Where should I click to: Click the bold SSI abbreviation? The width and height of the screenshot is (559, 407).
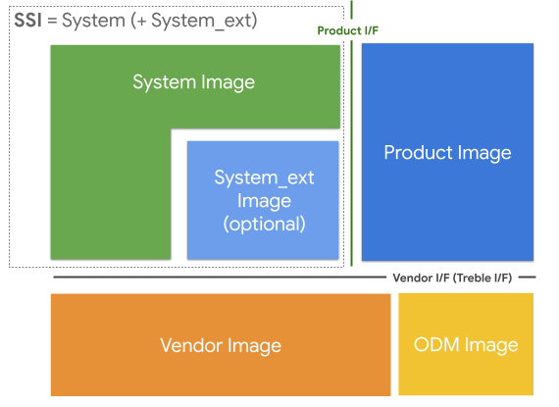point(27,19)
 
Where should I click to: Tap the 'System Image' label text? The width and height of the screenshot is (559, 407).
point(193,82)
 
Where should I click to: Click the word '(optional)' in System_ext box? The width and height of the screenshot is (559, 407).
point(264,224)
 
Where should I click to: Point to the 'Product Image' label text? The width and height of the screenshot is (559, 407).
point(447,153)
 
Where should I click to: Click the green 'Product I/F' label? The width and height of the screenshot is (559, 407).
point(347,30)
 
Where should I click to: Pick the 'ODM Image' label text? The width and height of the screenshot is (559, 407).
point(466,344)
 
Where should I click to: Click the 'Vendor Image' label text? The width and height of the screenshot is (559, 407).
point(220,345)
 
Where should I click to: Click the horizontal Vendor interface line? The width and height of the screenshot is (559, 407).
point(216,279)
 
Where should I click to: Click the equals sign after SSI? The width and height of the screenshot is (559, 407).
point(53,19)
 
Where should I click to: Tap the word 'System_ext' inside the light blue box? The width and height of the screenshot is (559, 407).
point(264,178)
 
